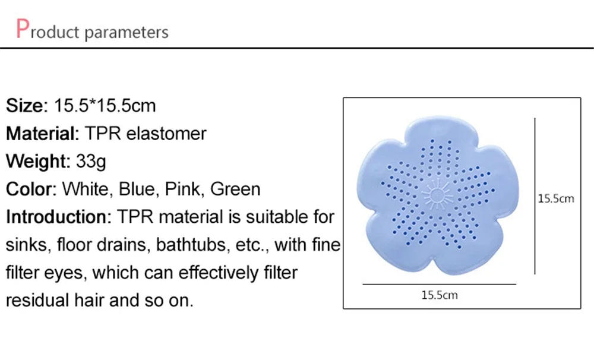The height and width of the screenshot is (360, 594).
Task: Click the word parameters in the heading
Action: (x=127, y=32)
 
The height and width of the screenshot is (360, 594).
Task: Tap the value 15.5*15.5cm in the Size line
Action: (x=105, y=106)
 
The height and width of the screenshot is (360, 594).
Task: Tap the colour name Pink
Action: (x=184, y=189)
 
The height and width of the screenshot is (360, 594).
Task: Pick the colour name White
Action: (x=86, y=189)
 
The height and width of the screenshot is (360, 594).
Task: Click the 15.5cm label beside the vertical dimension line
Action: (x=556, y=198)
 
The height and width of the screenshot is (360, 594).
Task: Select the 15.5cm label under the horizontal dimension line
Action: (x=440, y=295)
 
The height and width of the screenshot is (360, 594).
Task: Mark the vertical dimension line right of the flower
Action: (x=536, y=196)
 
